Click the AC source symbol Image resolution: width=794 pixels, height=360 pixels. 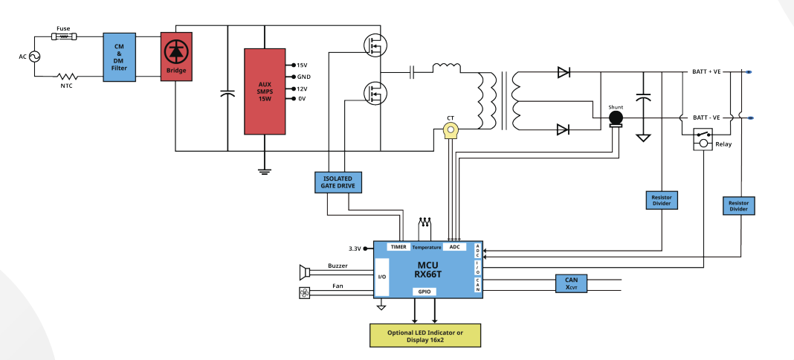click(x=35, y=57)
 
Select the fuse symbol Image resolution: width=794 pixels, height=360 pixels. click(x=64, y=36)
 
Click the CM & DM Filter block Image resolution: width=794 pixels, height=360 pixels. click(x=120, y=57)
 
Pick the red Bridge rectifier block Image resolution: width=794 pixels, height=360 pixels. click(x=176, y=57)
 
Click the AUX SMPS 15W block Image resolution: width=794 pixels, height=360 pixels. click(x=265, y=91)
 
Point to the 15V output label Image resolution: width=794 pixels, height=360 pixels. click(x=302, y=65)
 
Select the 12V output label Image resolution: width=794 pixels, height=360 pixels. click(x=302, y=89)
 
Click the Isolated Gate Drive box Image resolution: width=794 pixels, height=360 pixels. click(x=338, y=182)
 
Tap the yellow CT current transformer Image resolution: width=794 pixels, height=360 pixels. click(x=451, y=131)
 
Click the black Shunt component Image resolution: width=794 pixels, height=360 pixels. click(x=616, y=118)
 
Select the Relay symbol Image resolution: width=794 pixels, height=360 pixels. click(x=703, y=139)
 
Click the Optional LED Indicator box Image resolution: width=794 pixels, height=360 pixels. click(x=425, y=335)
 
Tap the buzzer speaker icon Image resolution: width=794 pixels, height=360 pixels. click(x=304, y=272)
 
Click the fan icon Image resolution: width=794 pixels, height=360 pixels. click(x=304, y=293)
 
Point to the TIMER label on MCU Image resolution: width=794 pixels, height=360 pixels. click(x=398, y=247)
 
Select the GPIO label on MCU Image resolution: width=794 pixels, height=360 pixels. click(x=425, y=292)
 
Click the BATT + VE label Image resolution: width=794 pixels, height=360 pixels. click(x=706, y=72)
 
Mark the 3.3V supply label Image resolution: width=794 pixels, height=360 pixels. click(x=355, y=248)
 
